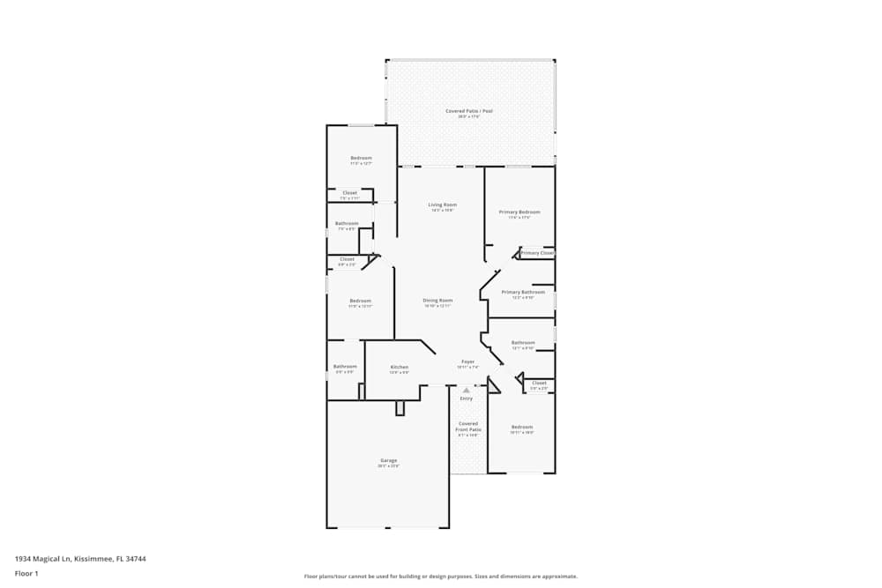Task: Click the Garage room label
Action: [x=389, y=460]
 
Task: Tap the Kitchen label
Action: [x=400, y=367]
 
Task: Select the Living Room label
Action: [x=442, y=205]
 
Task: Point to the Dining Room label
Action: [x=437, y=301]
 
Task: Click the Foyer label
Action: [x=467, y=361]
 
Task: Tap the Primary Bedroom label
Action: [x=519, y=212]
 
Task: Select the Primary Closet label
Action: [x=537, y=253]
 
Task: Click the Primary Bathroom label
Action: [x=523, y=292]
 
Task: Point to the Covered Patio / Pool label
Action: [x=468, y=111]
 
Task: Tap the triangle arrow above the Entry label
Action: [x=467, y=389]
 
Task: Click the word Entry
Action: [x=466, y=398]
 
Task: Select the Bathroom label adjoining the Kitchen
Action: [x=345, y=367]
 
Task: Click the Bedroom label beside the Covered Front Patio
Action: [x=522, y=427]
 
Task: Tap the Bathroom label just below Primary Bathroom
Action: [x=523, y=343]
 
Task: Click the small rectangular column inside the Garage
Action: [x=400, y=407]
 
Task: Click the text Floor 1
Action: [x=26, y=573]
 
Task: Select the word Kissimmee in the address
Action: [x=91, y=558]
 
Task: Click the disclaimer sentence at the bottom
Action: [x=441, y=576]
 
